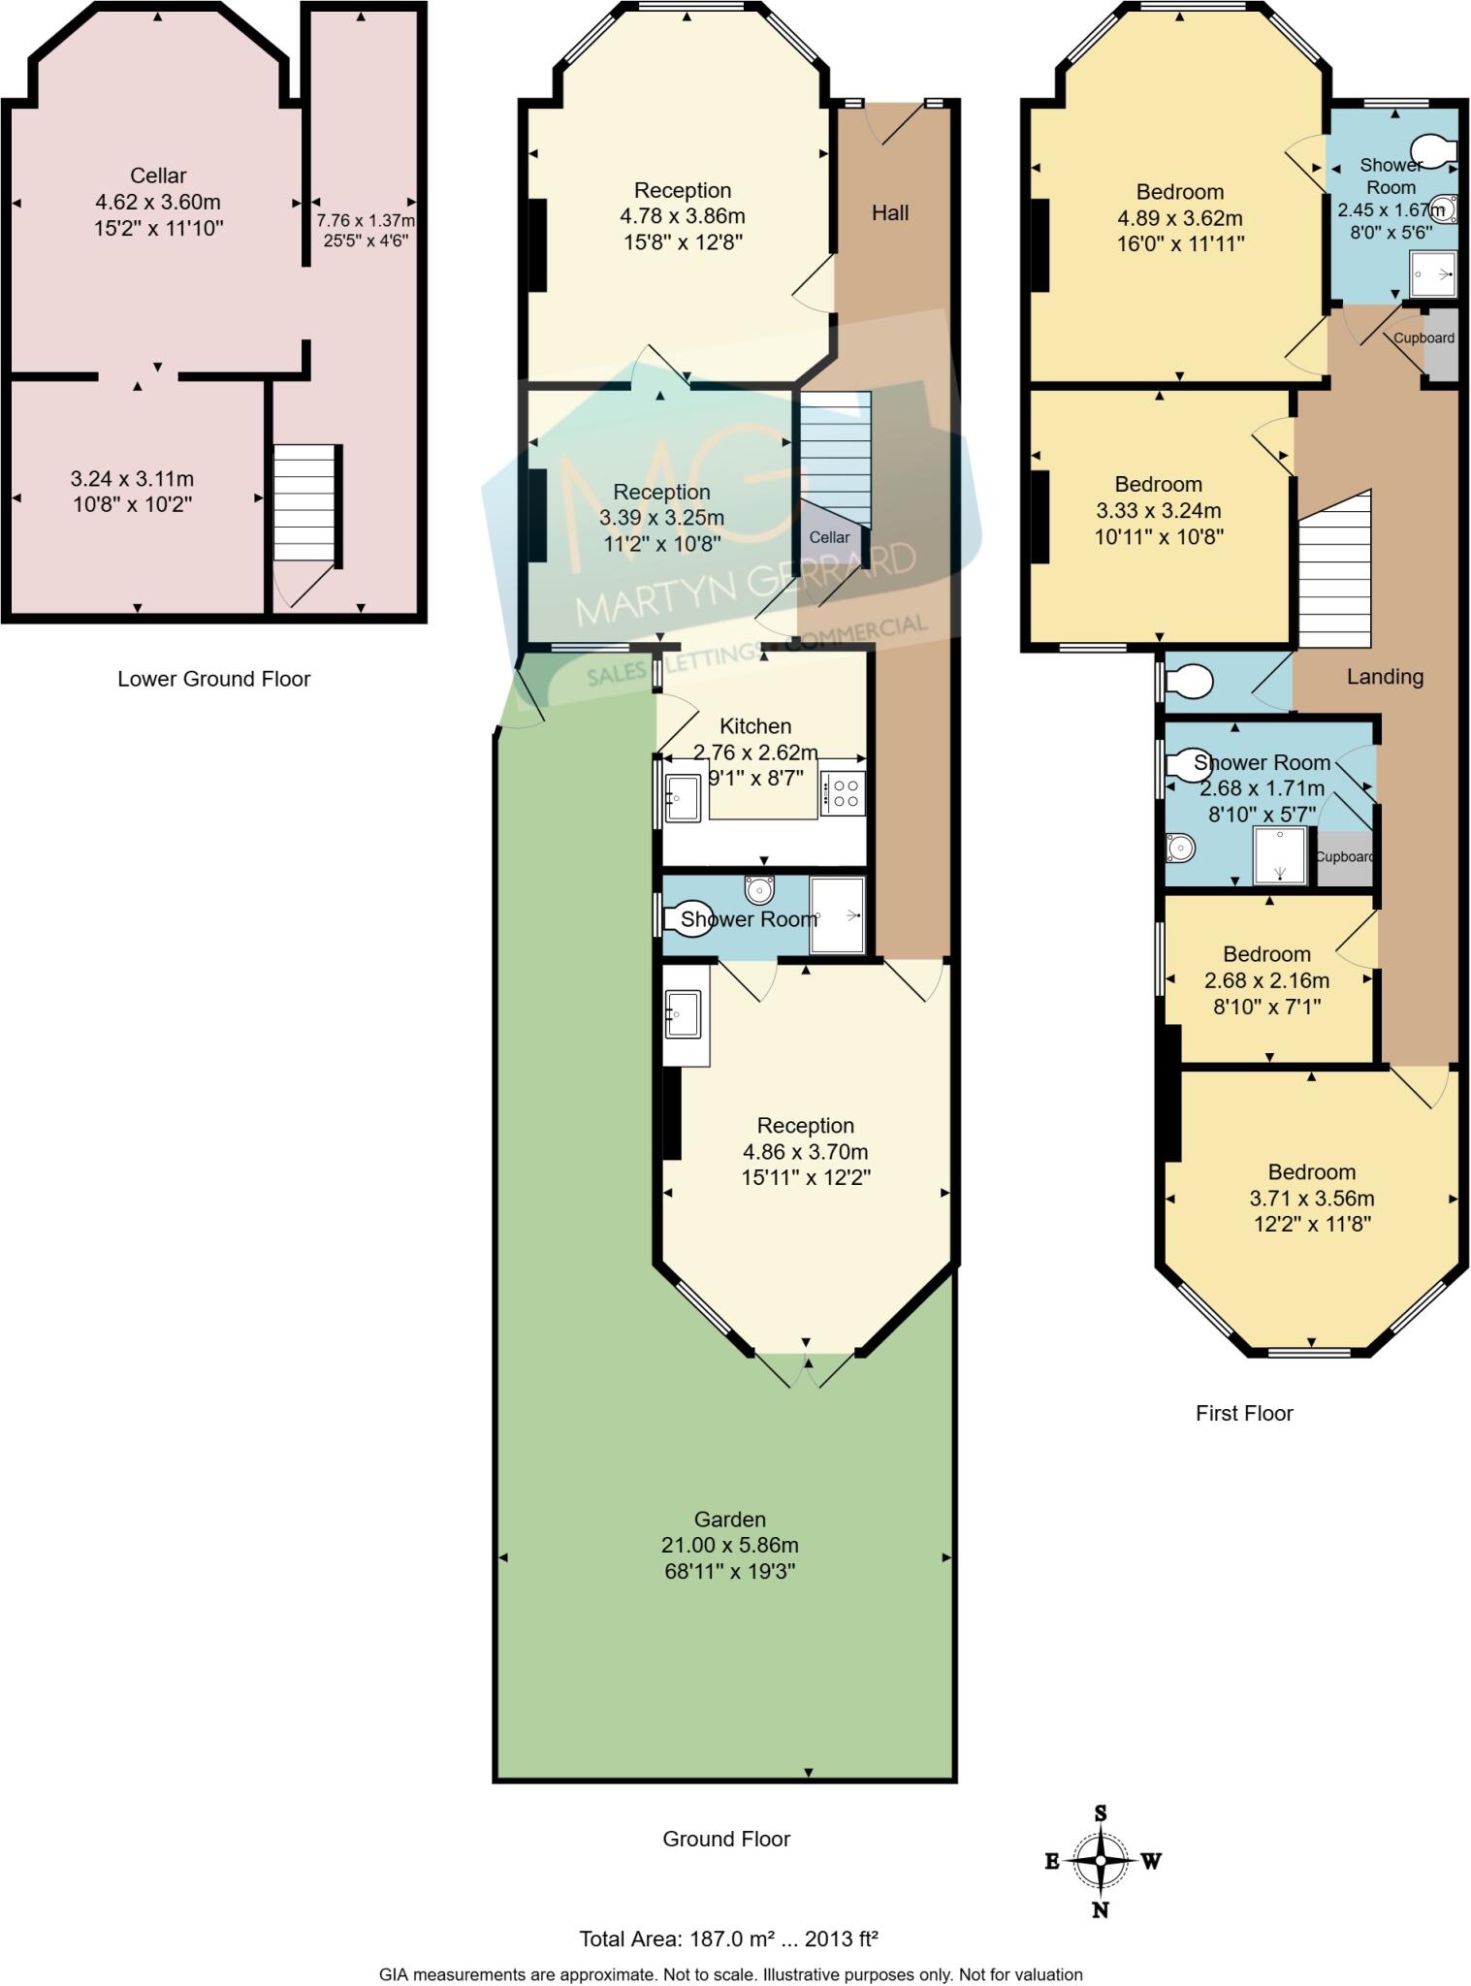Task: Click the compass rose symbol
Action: click(x=1101, y=1860)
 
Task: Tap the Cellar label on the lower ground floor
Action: click(x=158, y=176)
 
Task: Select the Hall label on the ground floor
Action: click(x=889, y=212)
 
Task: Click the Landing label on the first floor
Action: click(x=1384, y=677)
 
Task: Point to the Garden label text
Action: click(x=729, y=1520)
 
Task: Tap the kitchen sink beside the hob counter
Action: click(x=683, y=797)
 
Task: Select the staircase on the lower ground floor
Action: click(x=305, y=502)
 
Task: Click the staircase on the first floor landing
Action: click(x=1335, y=572)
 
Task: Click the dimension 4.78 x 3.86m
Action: click(x=682, y=216)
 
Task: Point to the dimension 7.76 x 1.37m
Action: click(x=365, y=221)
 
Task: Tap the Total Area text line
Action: click(x=728, y=1939)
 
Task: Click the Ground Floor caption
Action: click(x=726, y=1839)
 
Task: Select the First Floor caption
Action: click(x=1243, y=1413)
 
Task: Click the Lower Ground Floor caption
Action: click(x=213, y=679)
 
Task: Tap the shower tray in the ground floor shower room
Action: click(x=837, y=915)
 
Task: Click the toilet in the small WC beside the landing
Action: click(x=1189, y=682)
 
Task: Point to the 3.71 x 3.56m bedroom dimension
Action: click(x=1311, y=1199)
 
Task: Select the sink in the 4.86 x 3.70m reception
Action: click(x=683, y=1014)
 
